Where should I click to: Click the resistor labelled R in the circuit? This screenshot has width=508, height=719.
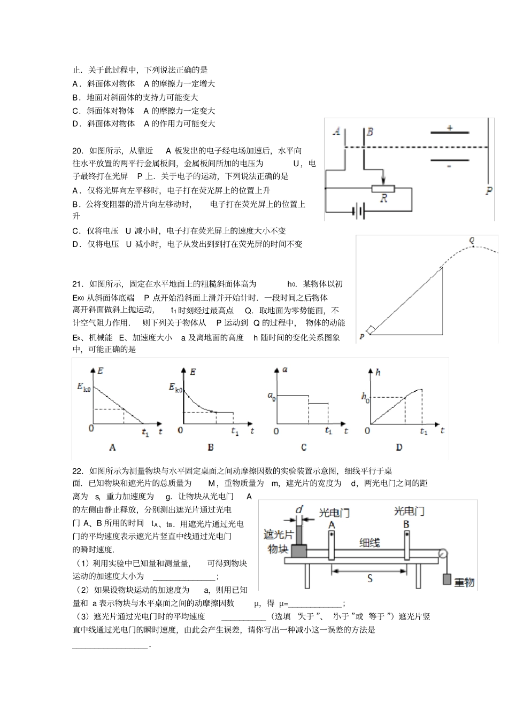(x=383, y=188)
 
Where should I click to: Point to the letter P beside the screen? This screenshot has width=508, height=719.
(x=489, y=191)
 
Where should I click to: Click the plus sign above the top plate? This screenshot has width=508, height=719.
(x=449, y=128)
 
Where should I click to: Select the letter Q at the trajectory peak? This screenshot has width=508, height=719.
(x=472, y=241)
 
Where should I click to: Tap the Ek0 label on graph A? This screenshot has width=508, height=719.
(x=84, y=387)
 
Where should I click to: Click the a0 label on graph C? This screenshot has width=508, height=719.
(x=272, y=396)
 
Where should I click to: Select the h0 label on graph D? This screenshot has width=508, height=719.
(x=365, y=397)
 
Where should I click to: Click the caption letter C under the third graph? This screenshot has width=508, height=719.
(x=304, y=447)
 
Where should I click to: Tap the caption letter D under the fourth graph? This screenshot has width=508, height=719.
(x=399, y=447)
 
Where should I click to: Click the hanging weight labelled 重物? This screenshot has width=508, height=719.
(x=449, y=579)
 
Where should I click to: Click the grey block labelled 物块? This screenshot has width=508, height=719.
(x=299, y=551)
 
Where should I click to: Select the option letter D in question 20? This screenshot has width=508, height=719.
(x=76, y=244)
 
